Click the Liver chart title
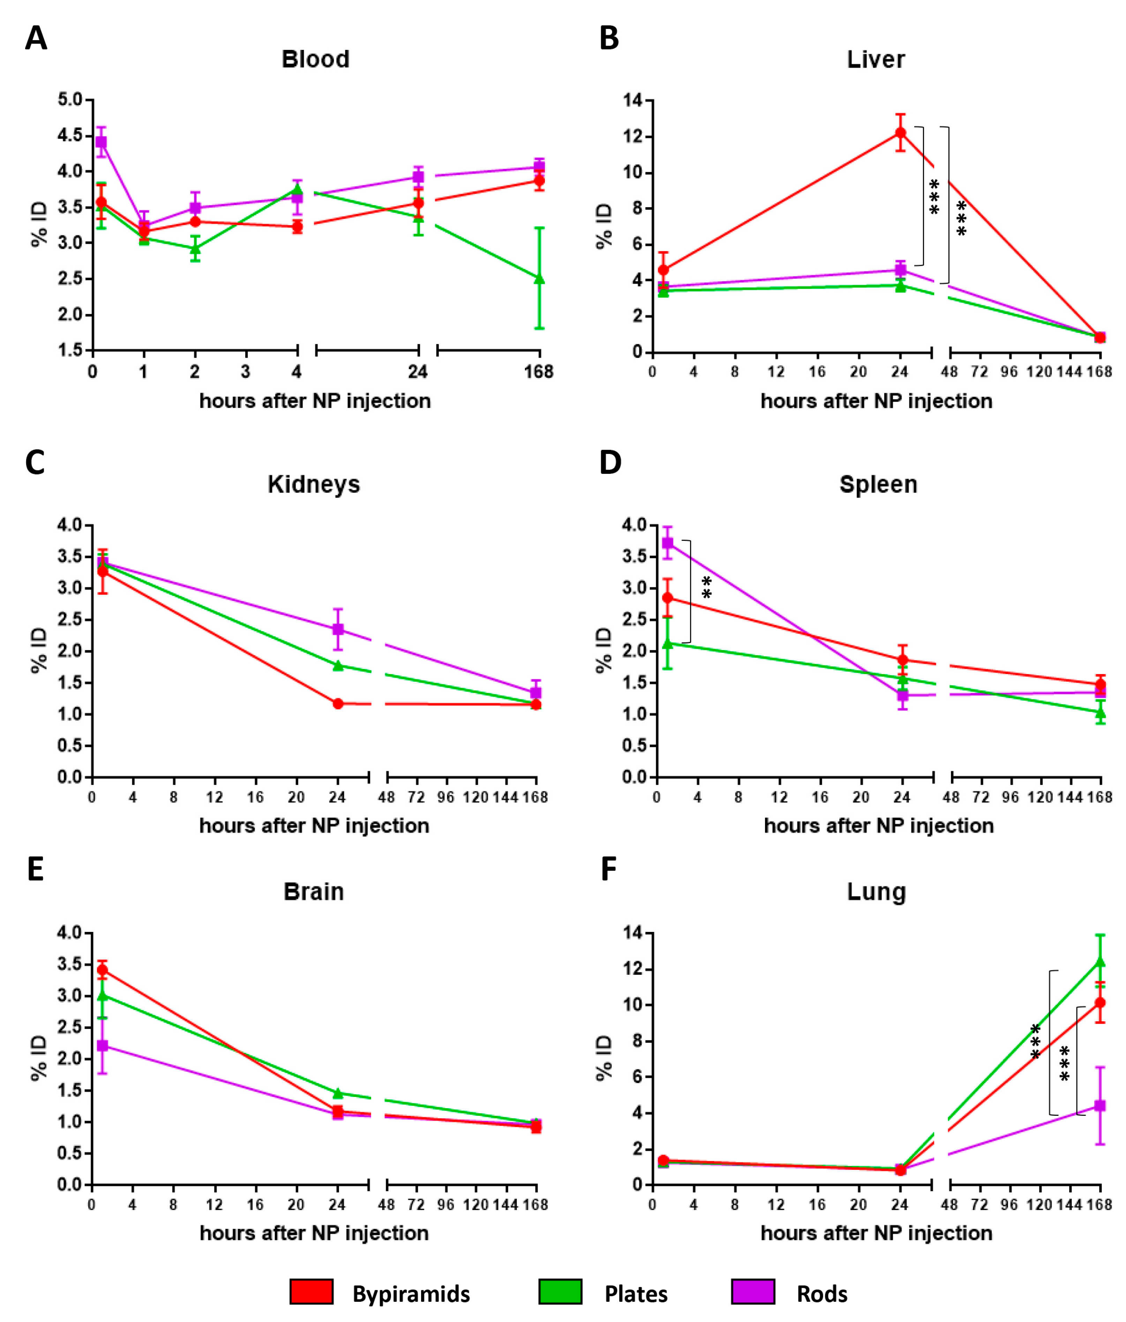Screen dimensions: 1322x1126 click(x=875, y=59)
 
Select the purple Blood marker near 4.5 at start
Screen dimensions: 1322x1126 click(x=101, y=142)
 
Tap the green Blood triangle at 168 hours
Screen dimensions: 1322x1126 click(x=539, y=279)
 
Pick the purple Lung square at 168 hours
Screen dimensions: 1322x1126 click(x=1100, y=1105)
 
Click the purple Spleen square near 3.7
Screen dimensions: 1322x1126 click(x=667, y=543)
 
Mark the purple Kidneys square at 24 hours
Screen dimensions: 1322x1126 click(x=338, y=629)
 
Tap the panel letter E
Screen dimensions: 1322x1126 click(x=35, y=869)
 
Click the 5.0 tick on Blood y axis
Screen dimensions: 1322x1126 click(x=70, y=99)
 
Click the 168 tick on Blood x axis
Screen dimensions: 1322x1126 click(x=539, y=371)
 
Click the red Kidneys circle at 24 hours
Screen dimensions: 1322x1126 click(x=338, y=704)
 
